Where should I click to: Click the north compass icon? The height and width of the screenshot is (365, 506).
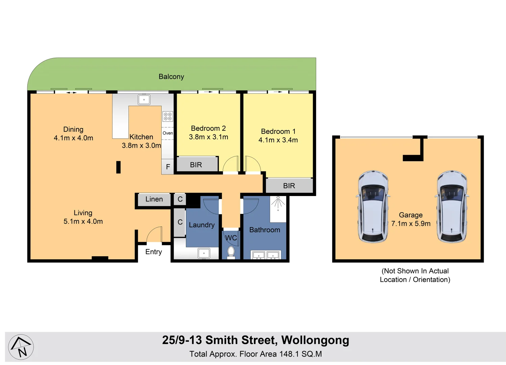coord(21,347)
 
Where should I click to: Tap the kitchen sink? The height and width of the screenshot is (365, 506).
coord(144,100)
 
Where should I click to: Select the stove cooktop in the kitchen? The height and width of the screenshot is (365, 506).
coord(168,116)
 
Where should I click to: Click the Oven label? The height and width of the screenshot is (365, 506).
coord(168,133)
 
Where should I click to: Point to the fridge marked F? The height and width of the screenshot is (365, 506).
coord(168,167)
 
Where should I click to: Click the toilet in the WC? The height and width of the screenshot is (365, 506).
coord(231,252)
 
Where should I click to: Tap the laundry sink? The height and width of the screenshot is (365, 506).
coord(204,253)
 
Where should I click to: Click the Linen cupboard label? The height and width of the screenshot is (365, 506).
coord(154,199)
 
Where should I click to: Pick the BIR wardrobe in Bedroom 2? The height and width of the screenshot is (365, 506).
coord(196,165)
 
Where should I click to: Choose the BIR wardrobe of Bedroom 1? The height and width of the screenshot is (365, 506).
coord(289,186)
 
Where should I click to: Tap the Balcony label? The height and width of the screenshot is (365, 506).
coord(171,77)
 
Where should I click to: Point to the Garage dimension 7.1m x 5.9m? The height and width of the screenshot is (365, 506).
coord(411,224)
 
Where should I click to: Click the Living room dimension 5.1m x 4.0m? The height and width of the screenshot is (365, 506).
coord(83,221)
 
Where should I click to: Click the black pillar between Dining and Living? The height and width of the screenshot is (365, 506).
coord(118,167)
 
